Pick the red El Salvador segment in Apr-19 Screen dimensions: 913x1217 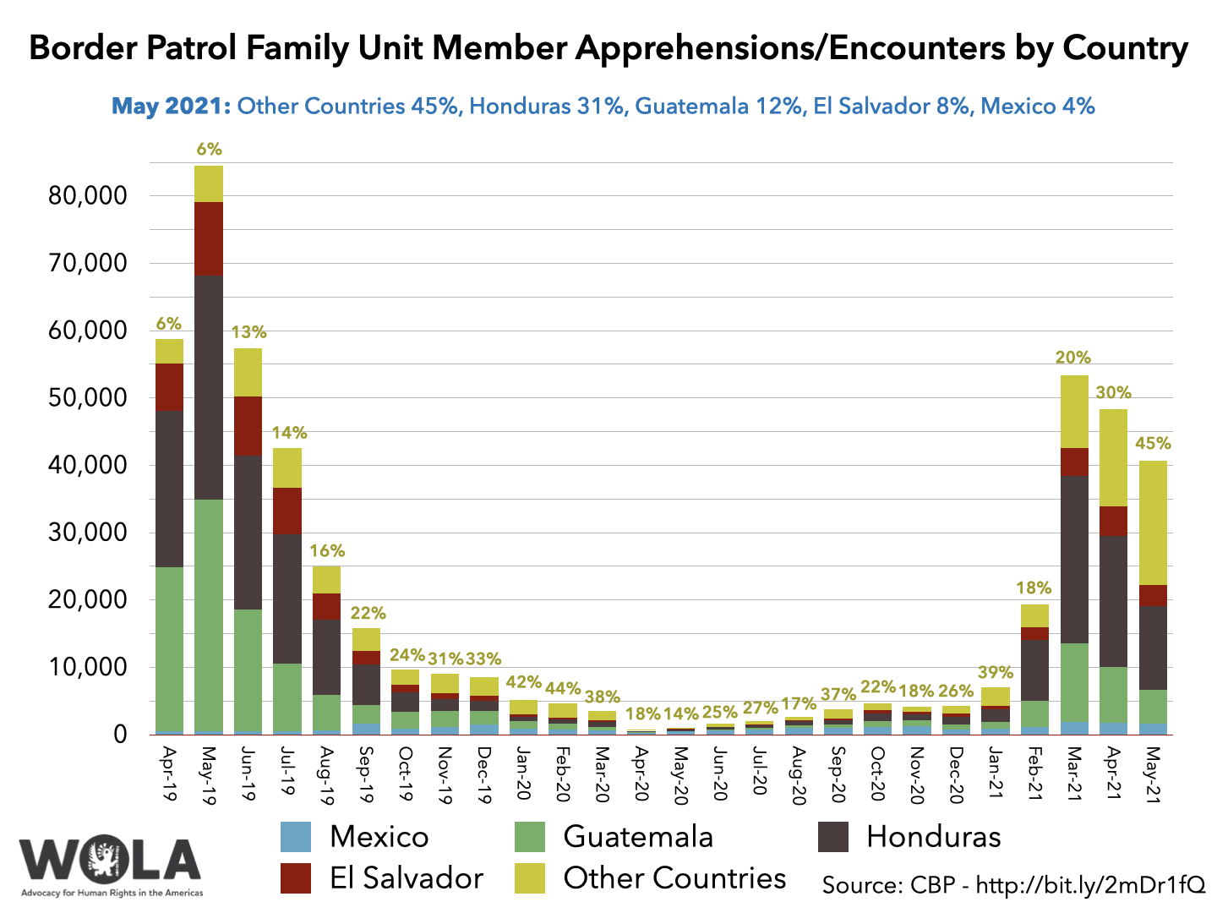coord(169,386)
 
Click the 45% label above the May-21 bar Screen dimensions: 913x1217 coord(1153,444)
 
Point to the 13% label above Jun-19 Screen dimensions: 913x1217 coord(248,332)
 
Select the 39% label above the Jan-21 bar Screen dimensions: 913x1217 coord(996,673)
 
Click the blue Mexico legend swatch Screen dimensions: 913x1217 coord(296,837)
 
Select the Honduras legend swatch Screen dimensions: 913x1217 coord(833,837)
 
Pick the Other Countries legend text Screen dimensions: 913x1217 coord(674,878)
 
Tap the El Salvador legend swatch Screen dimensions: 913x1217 coord(296,878)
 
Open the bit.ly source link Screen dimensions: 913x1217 coord(1090,885)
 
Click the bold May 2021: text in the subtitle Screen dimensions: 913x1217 coord(171,107)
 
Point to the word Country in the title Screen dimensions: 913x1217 coord(1125,48)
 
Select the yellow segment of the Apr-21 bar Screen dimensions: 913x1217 coord(1113,457)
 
